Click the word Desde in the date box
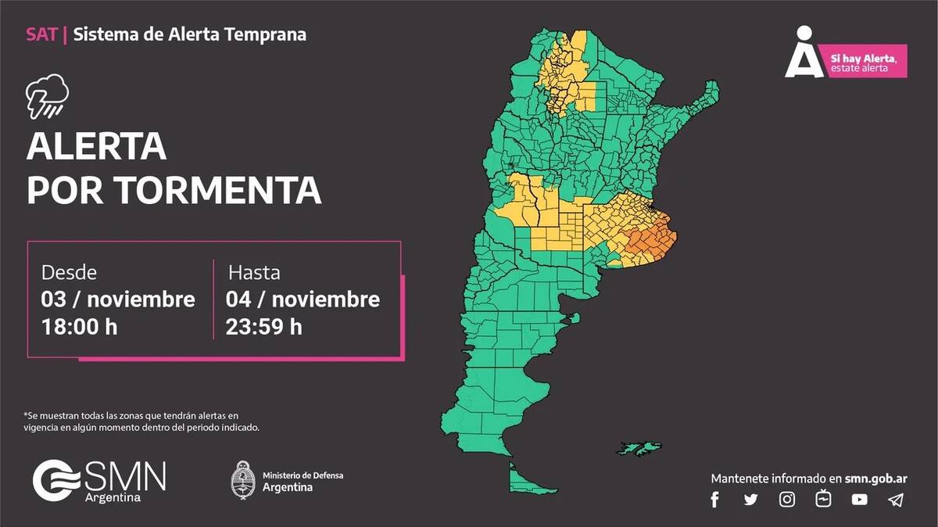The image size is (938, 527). click(x=69, y=273)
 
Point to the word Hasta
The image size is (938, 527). click(x=254, y=273)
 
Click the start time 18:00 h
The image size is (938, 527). click(x=79, y=326)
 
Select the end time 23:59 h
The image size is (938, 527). click(x=263, y=326)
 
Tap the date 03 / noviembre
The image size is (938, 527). click(x=118, y=299)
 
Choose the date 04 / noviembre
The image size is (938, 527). click(x=303, y=299)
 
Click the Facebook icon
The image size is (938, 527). click(x=714, y=500)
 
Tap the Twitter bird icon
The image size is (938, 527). click(x=750, y=500)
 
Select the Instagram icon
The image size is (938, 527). click(x=787, y=500)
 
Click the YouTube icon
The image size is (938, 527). click(x=860, y=500)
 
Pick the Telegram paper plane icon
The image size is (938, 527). click(x=896, y=500)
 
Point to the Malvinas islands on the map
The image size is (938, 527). click(x=639, y=448)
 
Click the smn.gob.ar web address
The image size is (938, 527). click(x=876, y=478)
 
